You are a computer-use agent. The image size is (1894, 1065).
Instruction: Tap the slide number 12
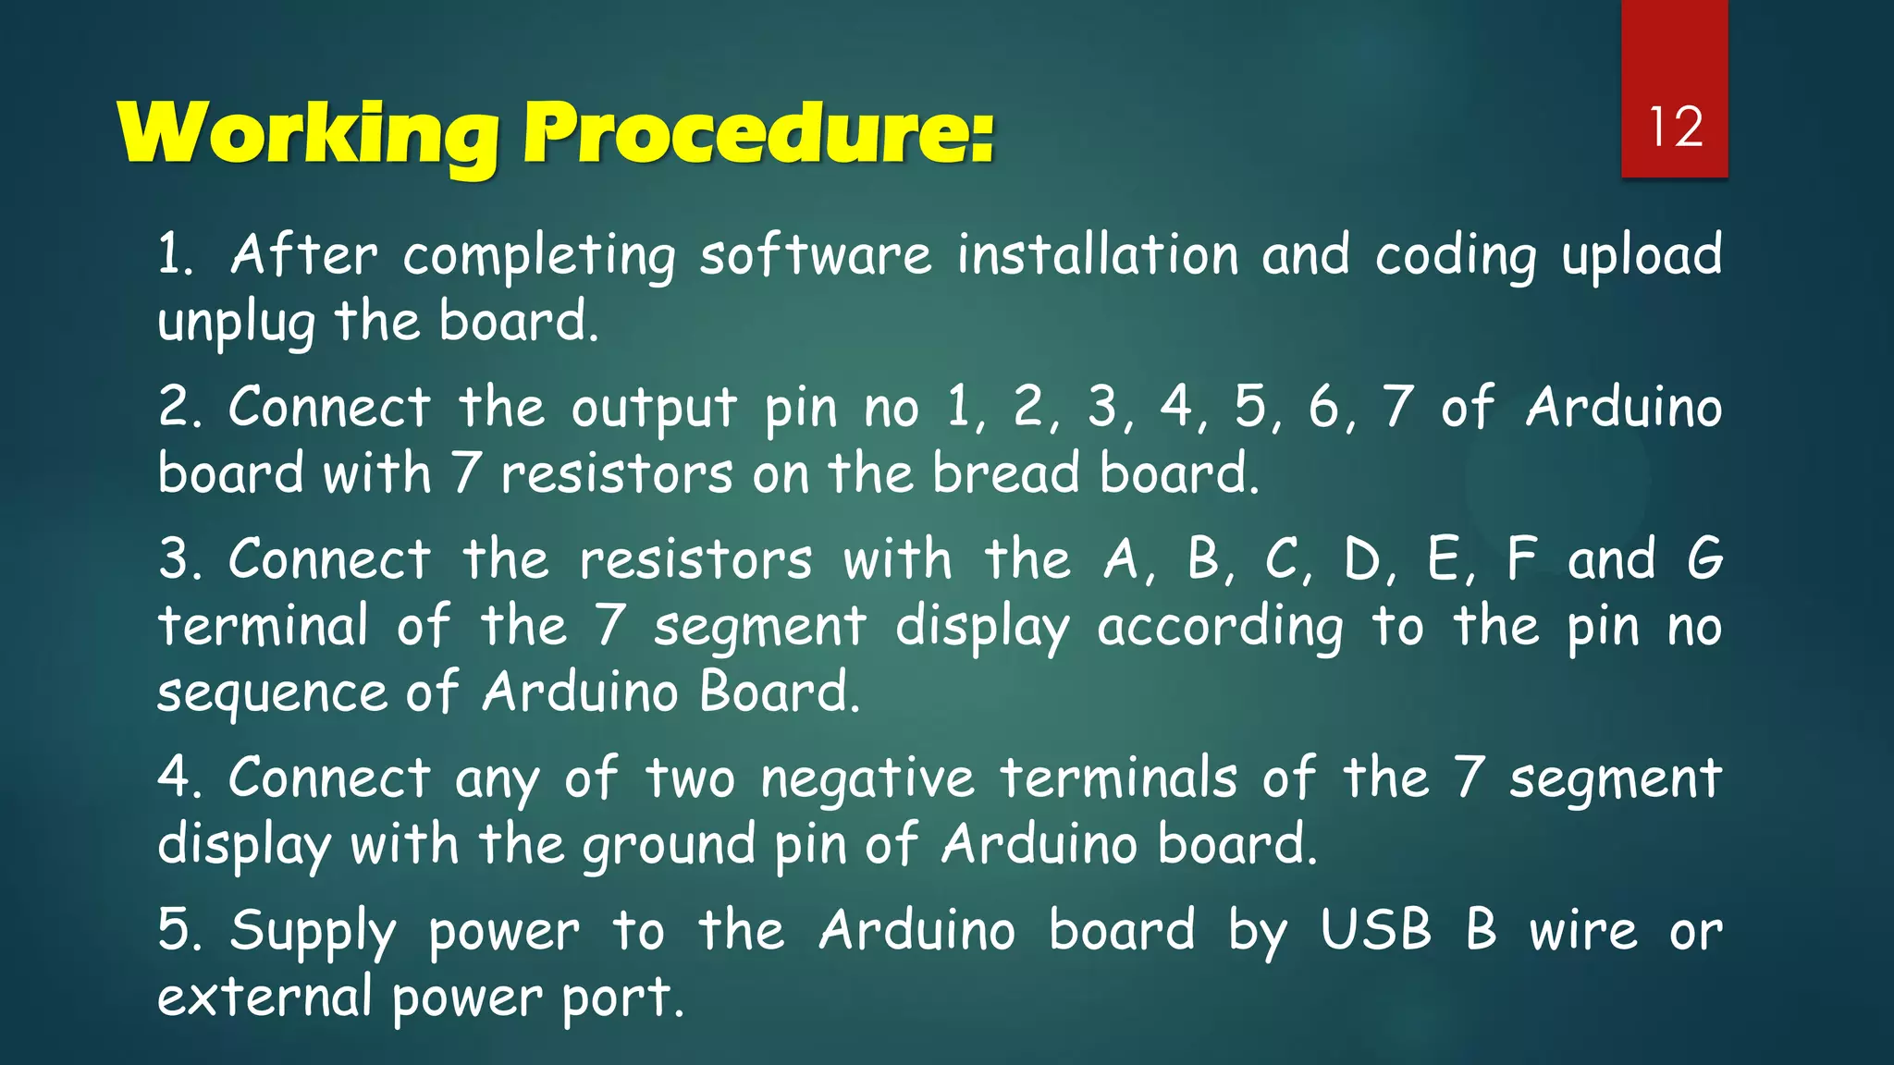[1675, 127]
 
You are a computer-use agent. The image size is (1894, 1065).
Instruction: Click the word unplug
[237, 323]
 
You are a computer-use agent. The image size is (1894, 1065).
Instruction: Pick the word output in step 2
[654, 408]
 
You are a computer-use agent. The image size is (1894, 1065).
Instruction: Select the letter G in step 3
[1704, 559]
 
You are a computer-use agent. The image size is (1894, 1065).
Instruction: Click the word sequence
[272, 693]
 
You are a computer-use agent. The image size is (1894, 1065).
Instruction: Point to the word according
[1221, 628]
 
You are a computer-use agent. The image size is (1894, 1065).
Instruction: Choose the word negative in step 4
[867, 777]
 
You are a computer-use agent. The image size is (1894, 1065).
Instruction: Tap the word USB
[1375, 929]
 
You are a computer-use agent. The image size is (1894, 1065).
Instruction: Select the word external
[264, 997]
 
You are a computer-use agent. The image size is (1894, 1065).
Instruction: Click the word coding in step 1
[1456, 256]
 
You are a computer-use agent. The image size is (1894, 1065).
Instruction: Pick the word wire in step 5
[1582, 930]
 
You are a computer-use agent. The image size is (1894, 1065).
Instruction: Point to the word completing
[539, 256]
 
